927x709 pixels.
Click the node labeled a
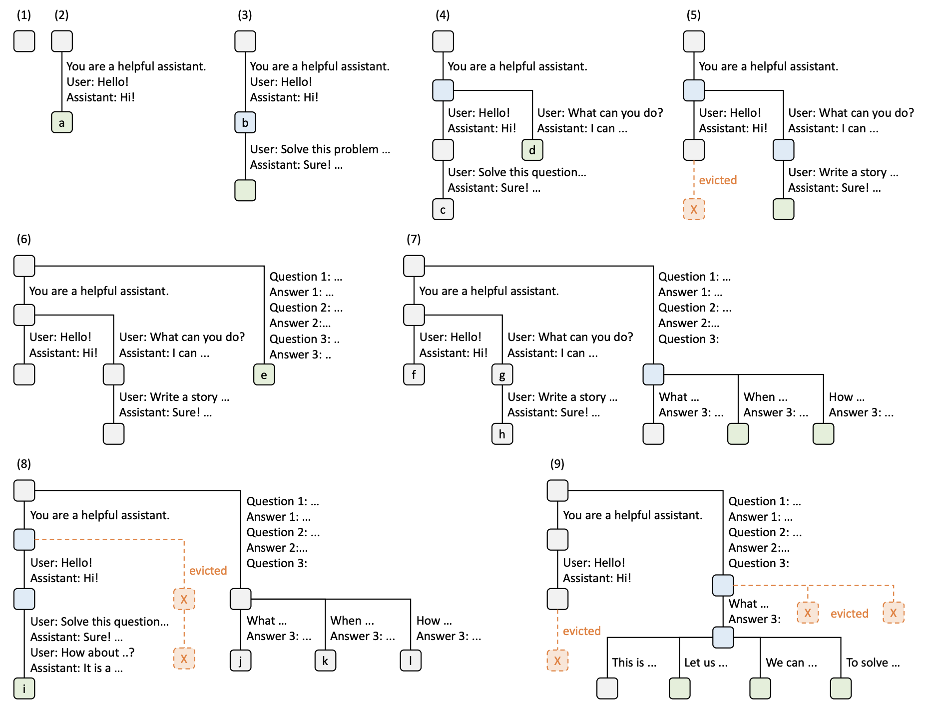point(62,122)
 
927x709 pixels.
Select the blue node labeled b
point(245,122)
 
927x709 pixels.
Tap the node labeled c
point(443,210)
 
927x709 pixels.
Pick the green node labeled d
point(532,150)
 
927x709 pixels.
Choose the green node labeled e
point(264,374)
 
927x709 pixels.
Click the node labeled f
point(414,374)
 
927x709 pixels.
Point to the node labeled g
point(502,374)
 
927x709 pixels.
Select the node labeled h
point(502,434)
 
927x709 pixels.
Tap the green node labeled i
point(24,689)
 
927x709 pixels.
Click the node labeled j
point(241,661)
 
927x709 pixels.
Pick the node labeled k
point(326,661)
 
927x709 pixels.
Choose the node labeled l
point(411,661)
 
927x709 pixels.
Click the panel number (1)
point(24,15)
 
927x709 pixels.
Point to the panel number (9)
point(557,464)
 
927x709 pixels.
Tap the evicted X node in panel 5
point(694,209)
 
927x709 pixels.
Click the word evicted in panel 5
point(718,180)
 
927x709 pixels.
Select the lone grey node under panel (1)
point(24,41)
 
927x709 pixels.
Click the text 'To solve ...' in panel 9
point(873,663)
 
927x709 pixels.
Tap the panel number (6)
point(24,239)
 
